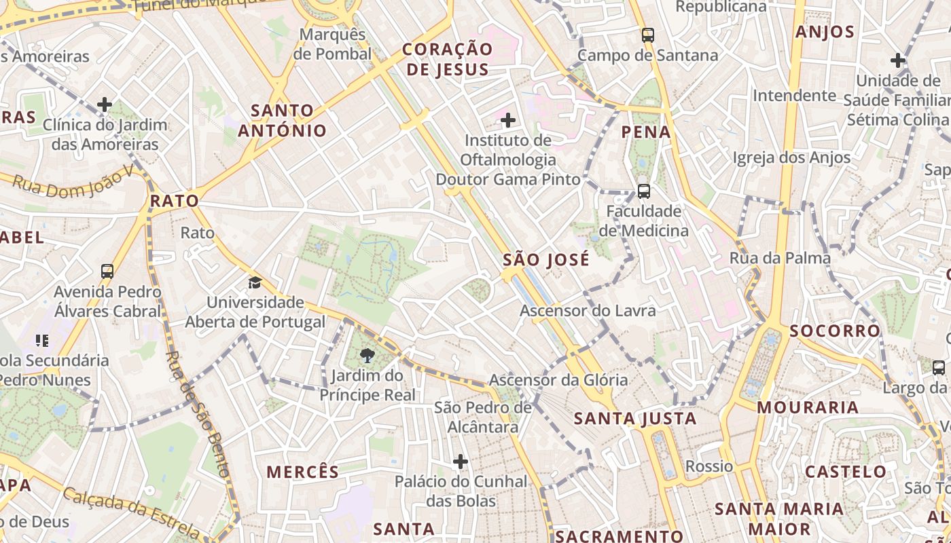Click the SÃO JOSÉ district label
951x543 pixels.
click(x=546, y=260)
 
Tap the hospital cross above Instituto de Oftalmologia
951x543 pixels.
click(x=508, y=121)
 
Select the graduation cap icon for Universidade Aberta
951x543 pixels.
click(x=255, y=282)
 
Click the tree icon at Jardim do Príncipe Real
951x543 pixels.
click(x=367, y=355)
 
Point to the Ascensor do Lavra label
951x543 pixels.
click(x=588, y=311)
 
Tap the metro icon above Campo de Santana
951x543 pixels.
click(x=648, y=35)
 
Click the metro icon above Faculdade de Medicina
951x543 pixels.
click(x=643, y=191)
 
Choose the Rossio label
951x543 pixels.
click(x=709, y=466)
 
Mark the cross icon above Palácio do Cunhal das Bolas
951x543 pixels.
click(x=461, y=462)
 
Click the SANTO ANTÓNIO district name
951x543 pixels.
click(x=282, y=120)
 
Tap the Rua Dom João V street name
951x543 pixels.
click(x=73, y=183)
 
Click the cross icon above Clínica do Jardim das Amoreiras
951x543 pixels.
click(x=105, y=105)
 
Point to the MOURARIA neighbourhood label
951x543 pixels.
click(x=808, y=407)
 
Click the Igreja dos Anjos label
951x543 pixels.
click(x=791, y=157)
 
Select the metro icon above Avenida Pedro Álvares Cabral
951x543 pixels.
click(x=107, y=271)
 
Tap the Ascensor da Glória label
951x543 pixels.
click(x=558, y=380)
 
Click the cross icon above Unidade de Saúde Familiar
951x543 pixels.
click(x=898, y=60)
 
